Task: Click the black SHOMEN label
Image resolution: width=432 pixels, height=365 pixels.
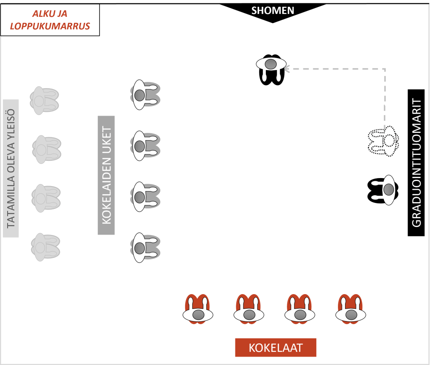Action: click(273, 11)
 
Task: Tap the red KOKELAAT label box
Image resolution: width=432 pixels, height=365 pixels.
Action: click(275, 347)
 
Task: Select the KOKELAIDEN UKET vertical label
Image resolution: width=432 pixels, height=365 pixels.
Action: click(106, 175)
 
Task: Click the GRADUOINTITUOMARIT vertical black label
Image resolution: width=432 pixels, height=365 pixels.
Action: click(416, 163)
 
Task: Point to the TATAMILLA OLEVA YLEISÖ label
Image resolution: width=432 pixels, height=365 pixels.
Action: click(11, 168)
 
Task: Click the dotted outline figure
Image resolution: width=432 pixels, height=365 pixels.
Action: click(383, 141)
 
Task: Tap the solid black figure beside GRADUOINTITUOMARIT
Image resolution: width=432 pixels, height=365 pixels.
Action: click(383, 190)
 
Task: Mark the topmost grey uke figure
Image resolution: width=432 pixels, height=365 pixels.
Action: click(145, 95)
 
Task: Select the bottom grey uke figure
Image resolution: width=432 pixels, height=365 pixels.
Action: click(145, 247)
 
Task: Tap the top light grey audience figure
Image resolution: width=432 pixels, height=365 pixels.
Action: click(43, 100)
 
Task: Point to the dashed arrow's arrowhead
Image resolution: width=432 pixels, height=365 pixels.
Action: click(287, 68)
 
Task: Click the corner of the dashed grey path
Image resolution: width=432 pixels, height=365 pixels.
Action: click(385, 68)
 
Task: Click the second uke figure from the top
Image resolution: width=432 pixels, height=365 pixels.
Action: click(145, 146)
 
